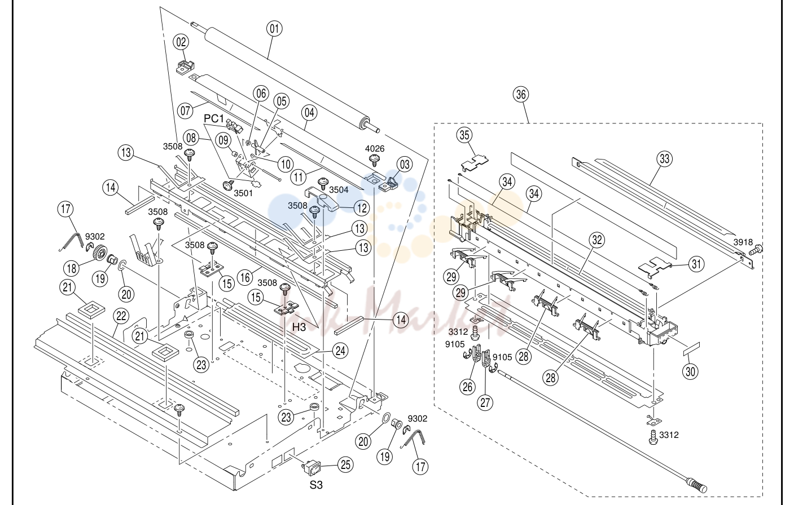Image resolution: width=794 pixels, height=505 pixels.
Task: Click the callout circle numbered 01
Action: [x=274, y=29]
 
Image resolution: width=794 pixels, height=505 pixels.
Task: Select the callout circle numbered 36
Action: [x=521, y=95]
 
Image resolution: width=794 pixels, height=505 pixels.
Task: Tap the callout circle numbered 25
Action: [x=345, y=464]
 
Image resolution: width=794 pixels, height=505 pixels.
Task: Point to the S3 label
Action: [x=316, y=485]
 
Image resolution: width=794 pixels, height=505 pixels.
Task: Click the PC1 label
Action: [x=214, y=118]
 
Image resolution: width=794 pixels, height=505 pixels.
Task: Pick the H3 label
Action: [x=299, y=327]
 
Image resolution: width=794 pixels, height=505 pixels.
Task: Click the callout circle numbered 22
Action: [x=121, y=316]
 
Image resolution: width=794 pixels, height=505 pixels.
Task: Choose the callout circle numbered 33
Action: [x=664, y=158]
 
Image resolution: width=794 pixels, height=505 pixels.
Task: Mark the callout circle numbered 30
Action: [x=690, y=371]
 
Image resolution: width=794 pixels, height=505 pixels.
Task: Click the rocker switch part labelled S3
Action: [x=311, y=467]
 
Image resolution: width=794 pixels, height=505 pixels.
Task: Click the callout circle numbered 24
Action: [x=340, y=351]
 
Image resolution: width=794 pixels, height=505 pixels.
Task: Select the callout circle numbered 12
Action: [x=361, y=208]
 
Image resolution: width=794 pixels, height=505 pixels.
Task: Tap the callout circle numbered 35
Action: [x=464, y=135]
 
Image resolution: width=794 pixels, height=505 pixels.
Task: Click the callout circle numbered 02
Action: [x=181, y=42]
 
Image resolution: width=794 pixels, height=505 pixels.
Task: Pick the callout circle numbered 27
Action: [x=485, y=402]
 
